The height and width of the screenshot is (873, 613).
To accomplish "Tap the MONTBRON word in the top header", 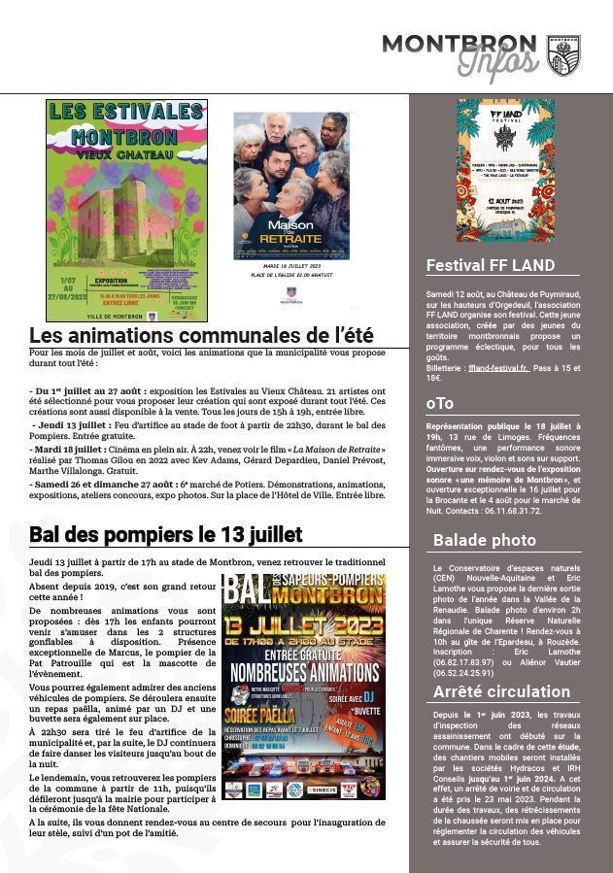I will tap(458, 44).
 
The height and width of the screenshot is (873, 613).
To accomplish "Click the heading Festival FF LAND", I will tap(491, 265).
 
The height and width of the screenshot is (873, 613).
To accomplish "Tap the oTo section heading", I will tap(440, 403).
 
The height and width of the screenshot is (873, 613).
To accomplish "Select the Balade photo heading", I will tap(484, 540).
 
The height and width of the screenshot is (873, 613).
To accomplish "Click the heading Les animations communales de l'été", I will tap(201, 336).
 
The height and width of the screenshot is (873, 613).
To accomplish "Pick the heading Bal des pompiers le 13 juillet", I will tap(165, 534).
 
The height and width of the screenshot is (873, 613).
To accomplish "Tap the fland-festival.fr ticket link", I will tap(496, 369).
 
